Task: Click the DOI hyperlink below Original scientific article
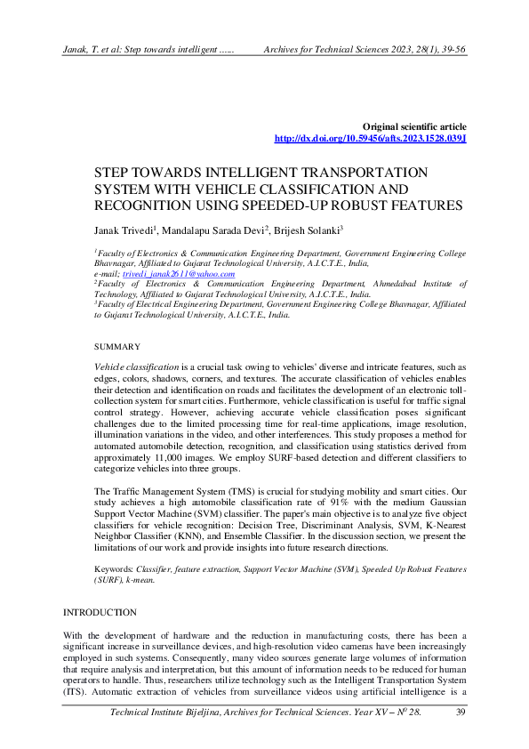370,140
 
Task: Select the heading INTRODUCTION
100,613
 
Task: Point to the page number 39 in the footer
460,737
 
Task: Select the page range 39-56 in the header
448,52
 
